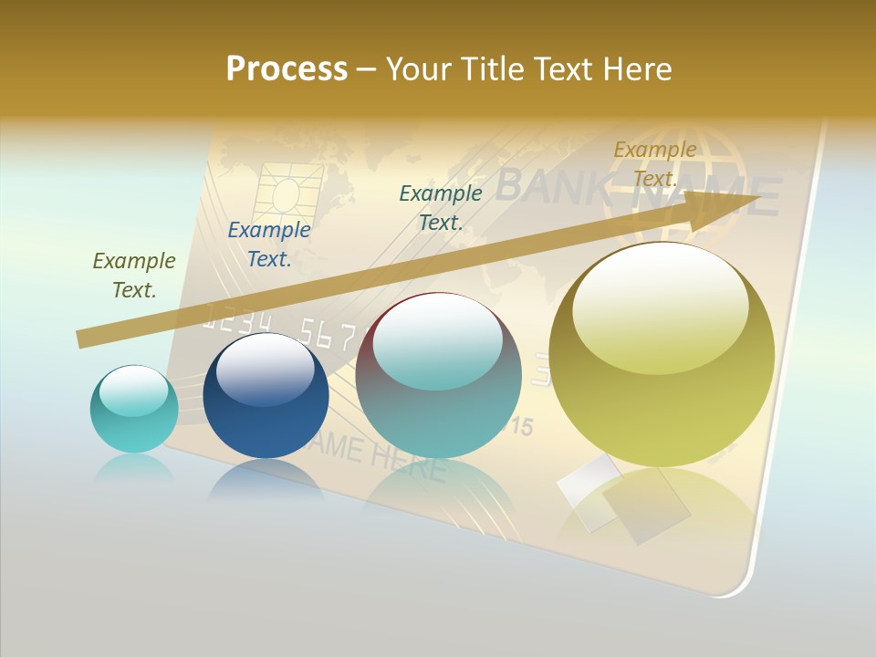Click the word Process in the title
[x=287, y=69]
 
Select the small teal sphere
[x=134, y=409]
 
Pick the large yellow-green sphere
[x=662, y=355]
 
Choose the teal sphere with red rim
[x=439, y=375]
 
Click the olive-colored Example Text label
[x=133, y=275]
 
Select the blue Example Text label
[x=269, y=245]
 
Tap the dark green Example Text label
[x=441, y=207]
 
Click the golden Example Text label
[x=654, y=164]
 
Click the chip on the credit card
[x=289, y=196]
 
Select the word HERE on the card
[x=406, y=464]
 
